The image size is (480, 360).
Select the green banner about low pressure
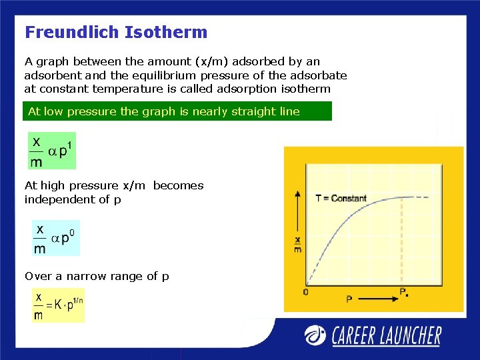coord(177,111)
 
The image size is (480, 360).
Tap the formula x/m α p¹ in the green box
coord(52,150)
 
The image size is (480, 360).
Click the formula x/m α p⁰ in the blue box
coord(56,238)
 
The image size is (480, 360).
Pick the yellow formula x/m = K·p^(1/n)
coord(59,305)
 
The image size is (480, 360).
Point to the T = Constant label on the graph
coord(341,198)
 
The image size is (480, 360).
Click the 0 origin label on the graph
coord(305,292)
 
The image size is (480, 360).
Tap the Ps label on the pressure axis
coord(403,292)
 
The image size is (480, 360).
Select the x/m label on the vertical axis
coord(297,245)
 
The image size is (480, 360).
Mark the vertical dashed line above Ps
coord(402,240)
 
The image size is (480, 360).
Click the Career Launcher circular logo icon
coord(316,335)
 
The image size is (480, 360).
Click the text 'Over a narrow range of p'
coord(97,276)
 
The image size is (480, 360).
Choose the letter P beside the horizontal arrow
coord(349,300)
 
